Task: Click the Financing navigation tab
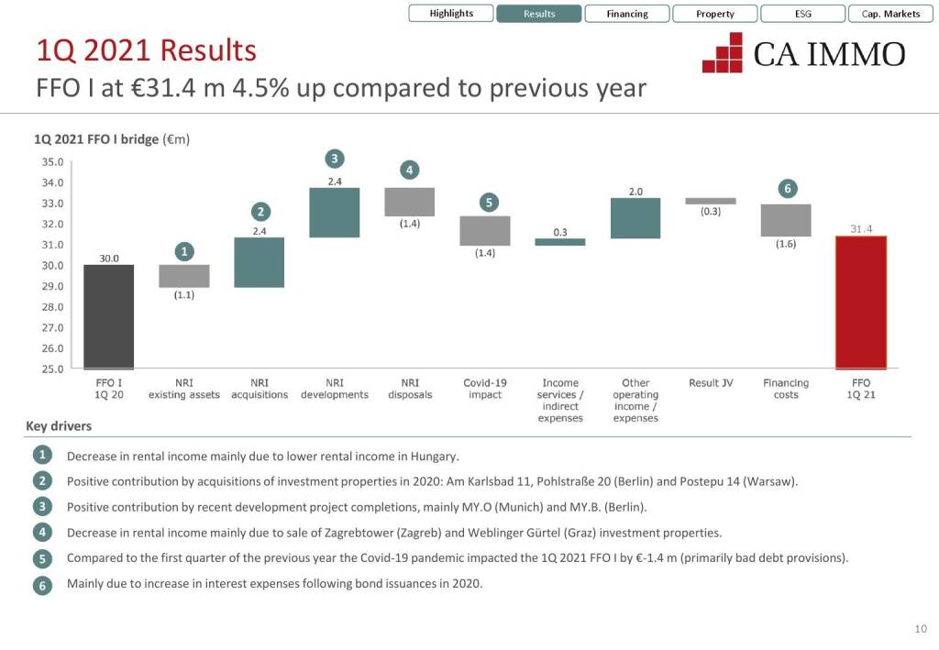pos(627,14)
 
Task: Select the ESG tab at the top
pos(803,14)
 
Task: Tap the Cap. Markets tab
pos(890,14)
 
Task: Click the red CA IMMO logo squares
pos(723,53)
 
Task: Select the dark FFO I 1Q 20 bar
pos(109,316)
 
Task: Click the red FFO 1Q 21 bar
pos(861,303)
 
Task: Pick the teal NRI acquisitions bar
pos(260,262)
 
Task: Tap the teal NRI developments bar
pos(335,213)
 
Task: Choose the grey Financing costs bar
pos(786,220)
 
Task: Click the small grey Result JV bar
pos(711,201)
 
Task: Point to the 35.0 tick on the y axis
pos(54,162)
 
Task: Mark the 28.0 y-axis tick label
pos(54,307)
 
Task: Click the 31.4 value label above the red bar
pos(861,229)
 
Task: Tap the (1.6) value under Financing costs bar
pos(786,244)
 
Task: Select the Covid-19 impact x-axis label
pos(485,389)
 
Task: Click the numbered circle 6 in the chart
pos(787,189)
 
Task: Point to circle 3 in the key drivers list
pos(42,507)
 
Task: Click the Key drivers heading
pos(59,426)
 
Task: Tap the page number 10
pos(921,628)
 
